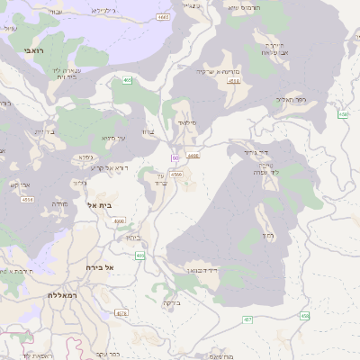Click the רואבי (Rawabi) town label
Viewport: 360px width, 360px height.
[x=20, y=40]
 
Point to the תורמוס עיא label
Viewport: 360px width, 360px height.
[x=245, y=7]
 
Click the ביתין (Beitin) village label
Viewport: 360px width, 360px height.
[x=132, y=237]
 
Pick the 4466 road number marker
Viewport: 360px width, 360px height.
[x=193, y=156]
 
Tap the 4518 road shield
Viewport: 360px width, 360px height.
[x=26, y=200]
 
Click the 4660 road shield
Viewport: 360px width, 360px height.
[x=120, y=220]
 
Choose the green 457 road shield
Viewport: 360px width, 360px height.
[x=247, y=319]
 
